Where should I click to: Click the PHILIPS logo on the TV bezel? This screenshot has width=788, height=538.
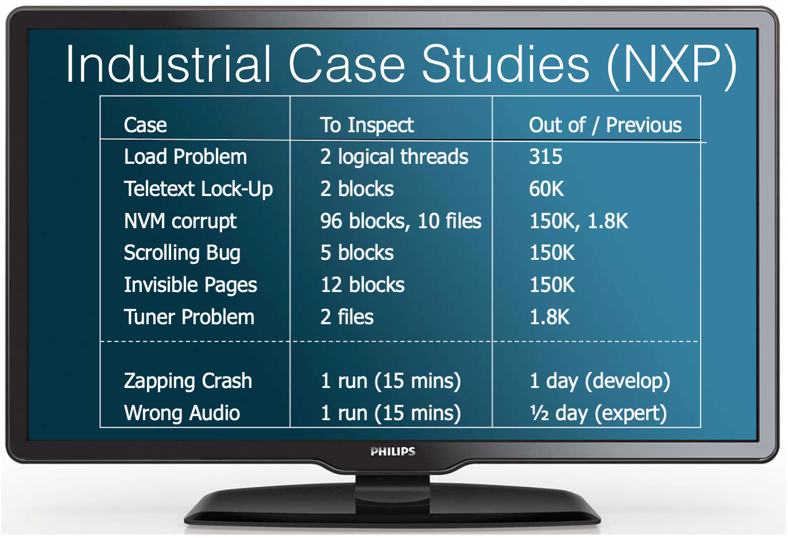[x=393, y=451]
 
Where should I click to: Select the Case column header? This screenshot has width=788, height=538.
[x=145, y=125]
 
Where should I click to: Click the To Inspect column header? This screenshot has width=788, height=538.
[x=366, y=125]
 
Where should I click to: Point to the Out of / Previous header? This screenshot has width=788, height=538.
[x=605, y=125]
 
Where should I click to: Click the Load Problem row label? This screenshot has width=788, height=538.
[x=185, y=157]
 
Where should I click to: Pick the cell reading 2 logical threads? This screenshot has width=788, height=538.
[x=394, y=157]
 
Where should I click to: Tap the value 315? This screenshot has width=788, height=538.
[x=546, y=157]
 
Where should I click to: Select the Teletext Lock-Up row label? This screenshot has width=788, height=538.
[x=198, y=189]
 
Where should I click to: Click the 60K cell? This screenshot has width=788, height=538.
[x=546, y=189]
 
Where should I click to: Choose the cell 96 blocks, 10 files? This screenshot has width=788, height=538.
[x=400, y=221]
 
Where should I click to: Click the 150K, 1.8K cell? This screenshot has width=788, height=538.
[x=578, y=221]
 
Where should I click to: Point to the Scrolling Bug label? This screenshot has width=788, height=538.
[x=182, y=253]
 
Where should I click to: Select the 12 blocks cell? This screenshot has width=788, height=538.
[x=362, y=285]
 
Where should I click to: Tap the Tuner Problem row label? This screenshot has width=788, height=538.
[x=189, y=317]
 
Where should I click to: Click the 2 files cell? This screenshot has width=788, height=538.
[x=347, y=317]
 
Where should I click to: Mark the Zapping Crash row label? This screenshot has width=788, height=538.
[x=188, y=381]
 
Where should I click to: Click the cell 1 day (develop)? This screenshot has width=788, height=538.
[x=600, y=381]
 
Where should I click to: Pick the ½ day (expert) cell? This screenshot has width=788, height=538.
[x=598, y=413]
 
